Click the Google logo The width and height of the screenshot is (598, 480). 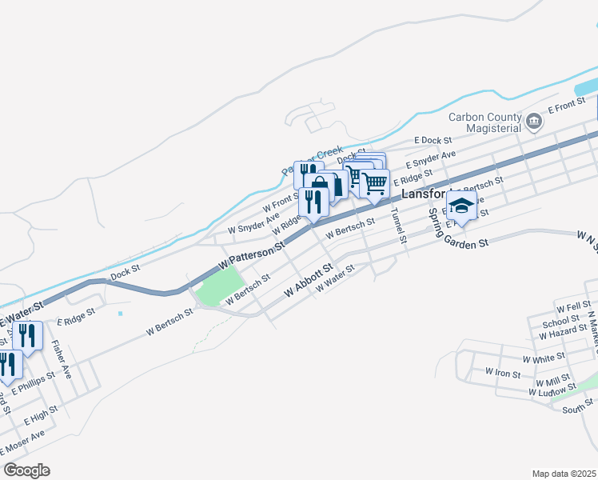[26, 470]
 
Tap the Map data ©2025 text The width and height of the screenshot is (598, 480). [564, 474]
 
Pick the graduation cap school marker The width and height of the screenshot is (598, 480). [462, 206]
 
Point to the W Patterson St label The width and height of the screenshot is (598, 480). [252, 257]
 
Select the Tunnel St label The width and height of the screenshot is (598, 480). [397, 226]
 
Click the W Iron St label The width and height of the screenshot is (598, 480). [503, 372]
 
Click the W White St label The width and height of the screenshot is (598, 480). [544, 360]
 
